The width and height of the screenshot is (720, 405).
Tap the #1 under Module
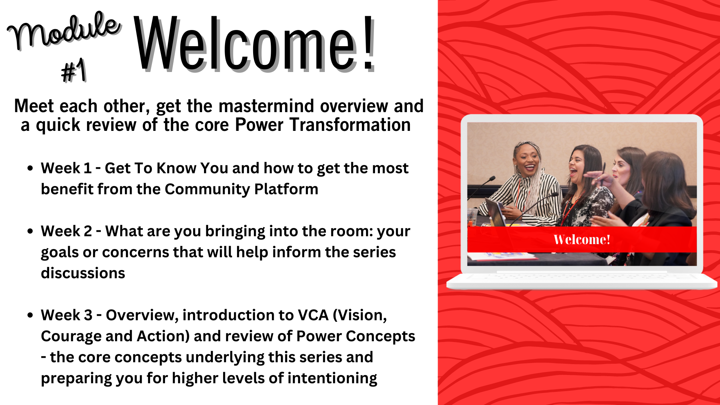pos(74,70)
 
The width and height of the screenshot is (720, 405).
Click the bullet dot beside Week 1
pos(30,168)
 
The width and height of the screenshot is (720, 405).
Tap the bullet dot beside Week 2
pos(30,231)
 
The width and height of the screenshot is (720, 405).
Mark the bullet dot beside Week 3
pos(30,315)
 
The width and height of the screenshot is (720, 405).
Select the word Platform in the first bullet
pos(286,189)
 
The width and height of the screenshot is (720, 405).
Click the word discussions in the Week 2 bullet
pos(83,273)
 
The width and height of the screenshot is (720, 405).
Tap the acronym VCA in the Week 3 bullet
pos(313,315)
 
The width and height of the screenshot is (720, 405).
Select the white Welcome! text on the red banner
pos(582,240)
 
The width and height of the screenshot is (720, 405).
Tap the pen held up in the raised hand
pos(603,173)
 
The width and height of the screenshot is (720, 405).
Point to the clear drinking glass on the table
pos(472,217)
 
